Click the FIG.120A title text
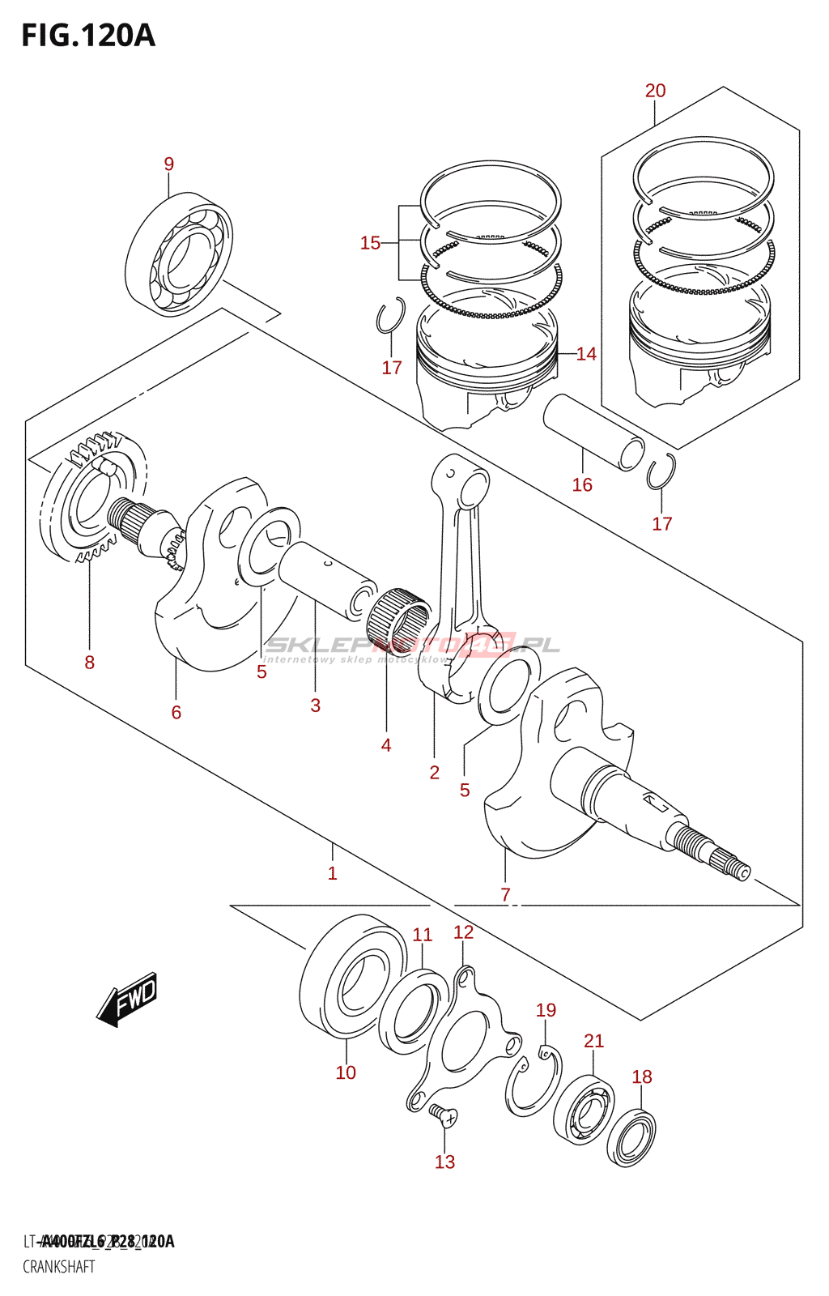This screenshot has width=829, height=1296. coord(87,36)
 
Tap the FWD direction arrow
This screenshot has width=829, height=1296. coord(128,999)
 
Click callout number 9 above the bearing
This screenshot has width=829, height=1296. coord(168,164)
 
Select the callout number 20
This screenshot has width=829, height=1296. coord(655,91)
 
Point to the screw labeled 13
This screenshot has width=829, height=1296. coord(443,1115)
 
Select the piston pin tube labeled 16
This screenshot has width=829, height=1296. coord(593,431)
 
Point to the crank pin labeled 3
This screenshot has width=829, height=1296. coord(326,578)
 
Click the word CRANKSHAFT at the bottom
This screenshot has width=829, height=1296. coord(58,1266)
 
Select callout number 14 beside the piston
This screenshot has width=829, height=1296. coord(586,354)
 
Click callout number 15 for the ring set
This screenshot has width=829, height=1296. coord(370,243)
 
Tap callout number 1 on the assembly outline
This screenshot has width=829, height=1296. coord(332,873)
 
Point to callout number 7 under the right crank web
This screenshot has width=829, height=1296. coord(505,894)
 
